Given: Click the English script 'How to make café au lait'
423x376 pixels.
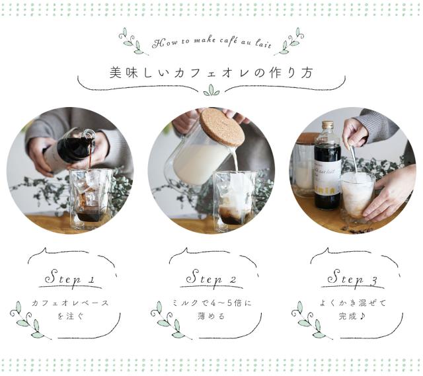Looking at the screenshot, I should click(211, 42).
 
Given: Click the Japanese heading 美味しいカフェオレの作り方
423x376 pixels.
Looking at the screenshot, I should click(211, 72).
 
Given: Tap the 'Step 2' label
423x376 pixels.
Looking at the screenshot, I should click(211, 278).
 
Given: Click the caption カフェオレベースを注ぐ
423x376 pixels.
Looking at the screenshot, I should click(70, 309).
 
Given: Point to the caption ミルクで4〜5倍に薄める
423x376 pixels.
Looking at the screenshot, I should click(211, 309).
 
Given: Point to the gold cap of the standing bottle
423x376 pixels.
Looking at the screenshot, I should click(327, 124).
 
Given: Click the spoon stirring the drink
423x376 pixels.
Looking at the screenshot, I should click(355, 162).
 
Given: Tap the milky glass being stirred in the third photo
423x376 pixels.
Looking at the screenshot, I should click(357, 195).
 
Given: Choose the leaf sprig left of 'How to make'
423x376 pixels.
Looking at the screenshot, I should click(132, 41).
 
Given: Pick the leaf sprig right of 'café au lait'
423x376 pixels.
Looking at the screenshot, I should click(289, 41).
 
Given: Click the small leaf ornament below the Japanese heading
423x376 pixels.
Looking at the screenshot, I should click(211, 91).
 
